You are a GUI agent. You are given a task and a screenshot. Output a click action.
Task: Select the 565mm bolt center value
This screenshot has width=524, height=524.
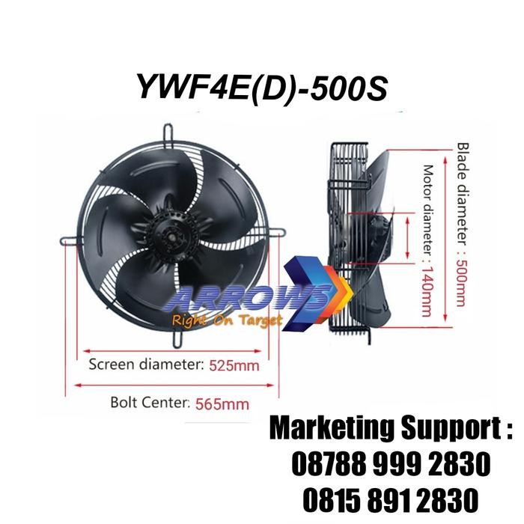[222, 404]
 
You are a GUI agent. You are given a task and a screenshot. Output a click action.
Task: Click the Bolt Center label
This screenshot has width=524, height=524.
[136, 403]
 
